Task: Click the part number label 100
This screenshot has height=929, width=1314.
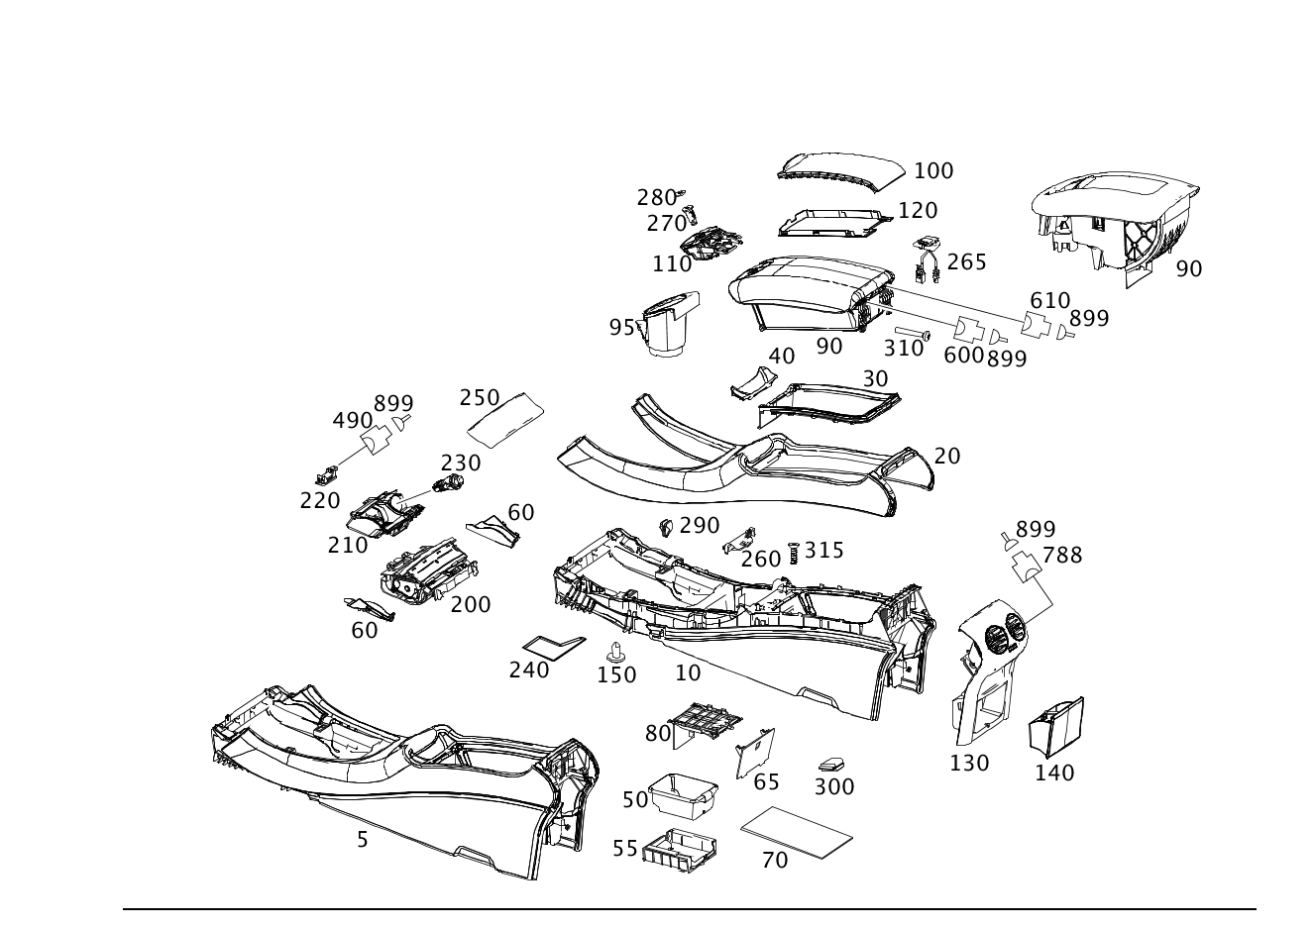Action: click(933, 171)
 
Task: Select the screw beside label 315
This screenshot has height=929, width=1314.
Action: click(794, 552)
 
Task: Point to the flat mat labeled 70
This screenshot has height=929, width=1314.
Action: click(797, 832)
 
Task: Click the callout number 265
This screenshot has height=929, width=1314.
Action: click(967, 262)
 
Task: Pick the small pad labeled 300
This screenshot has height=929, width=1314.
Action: click(831, 765)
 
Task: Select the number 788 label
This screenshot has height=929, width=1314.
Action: click(1062, 555)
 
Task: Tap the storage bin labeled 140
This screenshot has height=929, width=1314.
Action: click(1056, 727)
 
